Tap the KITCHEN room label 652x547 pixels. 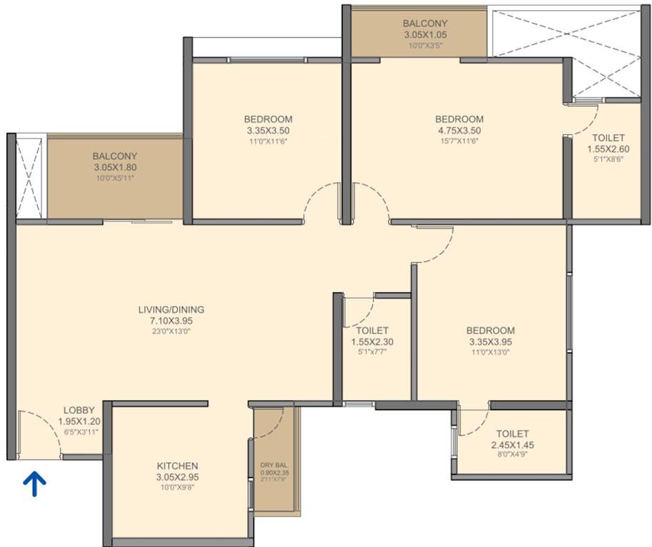coord(177,466)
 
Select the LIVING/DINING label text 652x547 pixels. coord(171,309)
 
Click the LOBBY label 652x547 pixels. coord(78,410)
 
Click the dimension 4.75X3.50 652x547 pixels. coord(459,130)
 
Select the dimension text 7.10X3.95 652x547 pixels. coord(171,321)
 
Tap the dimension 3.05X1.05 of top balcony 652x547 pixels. coord(424,34)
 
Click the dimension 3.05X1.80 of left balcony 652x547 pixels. coord(115,167)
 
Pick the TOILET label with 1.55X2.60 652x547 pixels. coord(608,137)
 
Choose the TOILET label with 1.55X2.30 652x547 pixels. coord(372,330)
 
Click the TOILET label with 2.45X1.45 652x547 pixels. coord(512,433)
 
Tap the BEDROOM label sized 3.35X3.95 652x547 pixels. coord(490,330)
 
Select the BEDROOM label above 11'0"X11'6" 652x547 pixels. coord(268,119)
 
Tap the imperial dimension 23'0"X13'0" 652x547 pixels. coord(171,331)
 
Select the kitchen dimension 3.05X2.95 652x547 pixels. coord(177,477)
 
